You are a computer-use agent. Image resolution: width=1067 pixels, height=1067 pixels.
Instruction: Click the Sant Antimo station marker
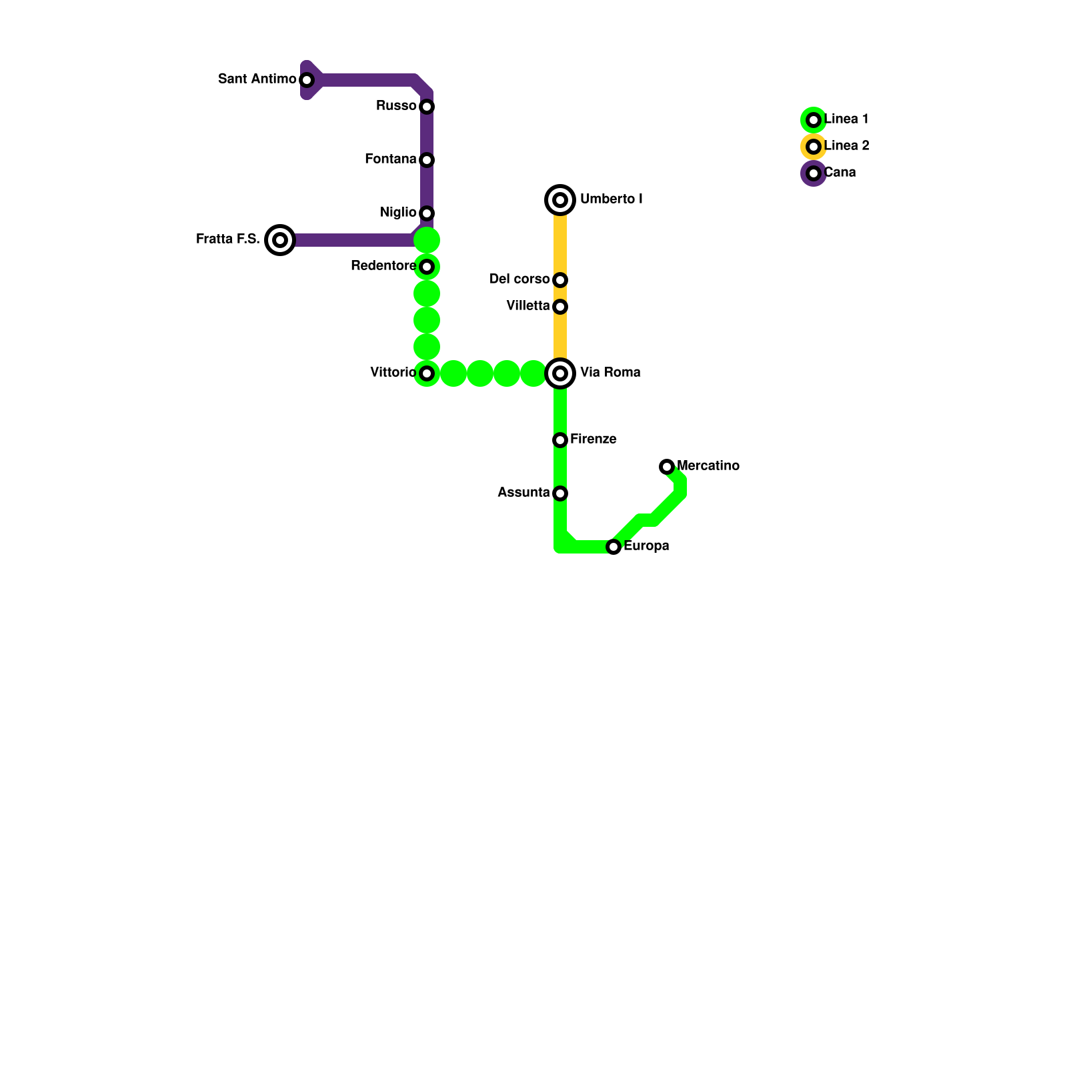307,80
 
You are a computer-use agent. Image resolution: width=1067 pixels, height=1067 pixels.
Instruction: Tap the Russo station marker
427,107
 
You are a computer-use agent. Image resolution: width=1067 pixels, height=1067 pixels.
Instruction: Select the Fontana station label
390,159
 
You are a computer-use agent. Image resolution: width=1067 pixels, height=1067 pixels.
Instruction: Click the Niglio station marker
427,213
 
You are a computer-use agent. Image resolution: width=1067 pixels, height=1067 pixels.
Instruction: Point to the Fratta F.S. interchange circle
280,240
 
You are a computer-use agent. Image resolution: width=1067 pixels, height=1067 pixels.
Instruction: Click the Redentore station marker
427,267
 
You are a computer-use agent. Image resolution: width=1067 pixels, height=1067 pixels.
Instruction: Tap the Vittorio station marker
427,373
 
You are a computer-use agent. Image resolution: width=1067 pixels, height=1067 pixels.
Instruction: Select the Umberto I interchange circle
560,200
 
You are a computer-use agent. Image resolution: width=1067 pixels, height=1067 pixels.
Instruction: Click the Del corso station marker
560,280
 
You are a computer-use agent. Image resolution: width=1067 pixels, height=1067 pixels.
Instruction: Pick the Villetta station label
527,306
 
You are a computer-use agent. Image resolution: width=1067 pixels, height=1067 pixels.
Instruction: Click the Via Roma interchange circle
560,373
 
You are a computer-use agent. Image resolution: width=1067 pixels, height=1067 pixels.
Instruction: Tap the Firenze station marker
560,440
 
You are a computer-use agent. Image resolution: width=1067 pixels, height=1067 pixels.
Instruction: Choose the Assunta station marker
560,493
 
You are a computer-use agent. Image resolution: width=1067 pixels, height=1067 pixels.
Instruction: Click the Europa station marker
614,547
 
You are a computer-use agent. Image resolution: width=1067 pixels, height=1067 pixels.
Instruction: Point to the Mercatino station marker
667,467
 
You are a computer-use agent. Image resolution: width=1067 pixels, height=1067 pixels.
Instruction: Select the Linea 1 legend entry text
846,119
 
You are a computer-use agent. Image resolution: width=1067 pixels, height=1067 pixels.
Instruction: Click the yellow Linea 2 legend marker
814,147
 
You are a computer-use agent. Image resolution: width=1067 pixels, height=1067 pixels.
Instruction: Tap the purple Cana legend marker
814,173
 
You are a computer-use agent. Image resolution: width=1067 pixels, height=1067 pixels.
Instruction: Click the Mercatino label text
708,466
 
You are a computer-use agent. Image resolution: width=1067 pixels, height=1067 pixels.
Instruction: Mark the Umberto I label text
611,199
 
